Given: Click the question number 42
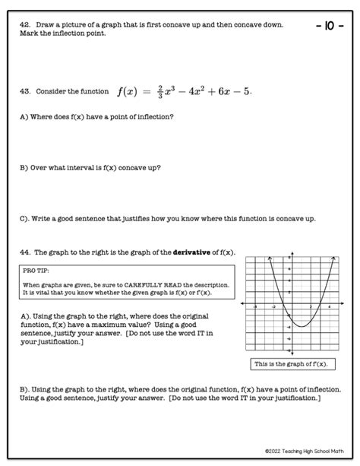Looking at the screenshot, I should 24,25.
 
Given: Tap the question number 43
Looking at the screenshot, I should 24,91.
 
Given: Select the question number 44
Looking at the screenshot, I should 24,252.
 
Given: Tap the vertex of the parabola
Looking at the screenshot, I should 302,326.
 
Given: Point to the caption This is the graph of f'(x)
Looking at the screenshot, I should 292,364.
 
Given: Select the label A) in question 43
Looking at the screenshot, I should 24,116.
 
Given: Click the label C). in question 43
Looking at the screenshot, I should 26,218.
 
